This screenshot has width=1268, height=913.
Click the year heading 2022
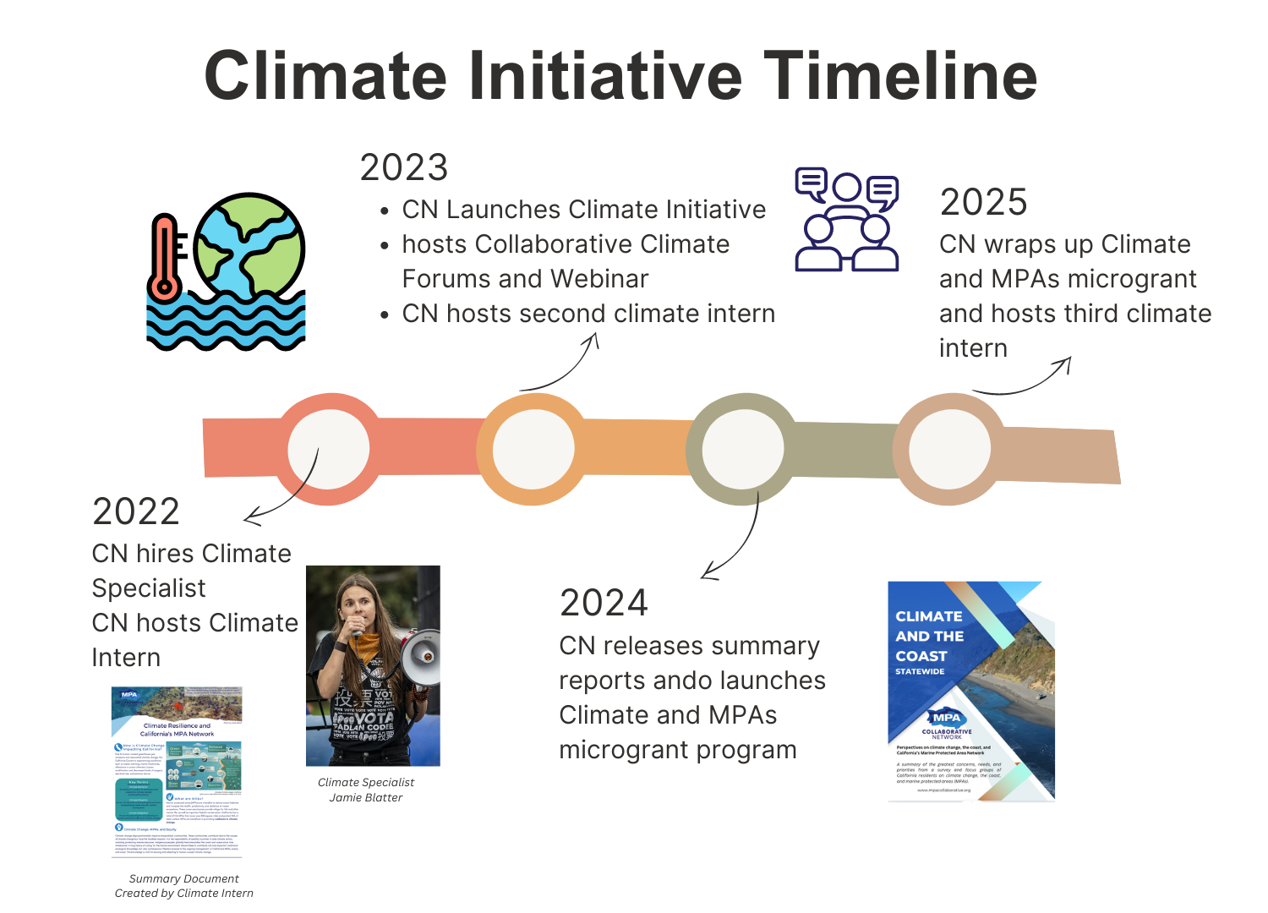[136, 511]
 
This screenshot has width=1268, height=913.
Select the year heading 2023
[403, 167]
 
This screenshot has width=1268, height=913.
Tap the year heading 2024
[604, 603]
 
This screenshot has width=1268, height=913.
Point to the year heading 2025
[983, 202]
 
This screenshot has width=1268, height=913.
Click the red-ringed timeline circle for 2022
[328, 449]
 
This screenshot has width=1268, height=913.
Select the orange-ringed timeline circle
[533, 449]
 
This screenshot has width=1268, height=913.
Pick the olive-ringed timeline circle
[742, 449]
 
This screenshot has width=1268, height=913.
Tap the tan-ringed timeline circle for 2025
[948, 449]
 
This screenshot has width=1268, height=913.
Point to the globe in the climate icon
[249, 245]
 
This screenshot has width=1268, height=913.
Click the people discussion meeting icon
[847, 220]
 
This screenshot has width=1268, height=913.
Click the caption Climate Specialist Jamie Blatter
[366, 790]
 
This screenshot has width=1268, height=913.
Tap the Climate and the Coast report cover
[971, 691]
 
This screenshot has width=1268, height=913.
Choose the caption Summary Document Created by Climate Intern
[183, 886]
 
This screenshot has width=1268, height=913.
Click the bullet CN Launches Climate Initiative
[583, 209]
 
